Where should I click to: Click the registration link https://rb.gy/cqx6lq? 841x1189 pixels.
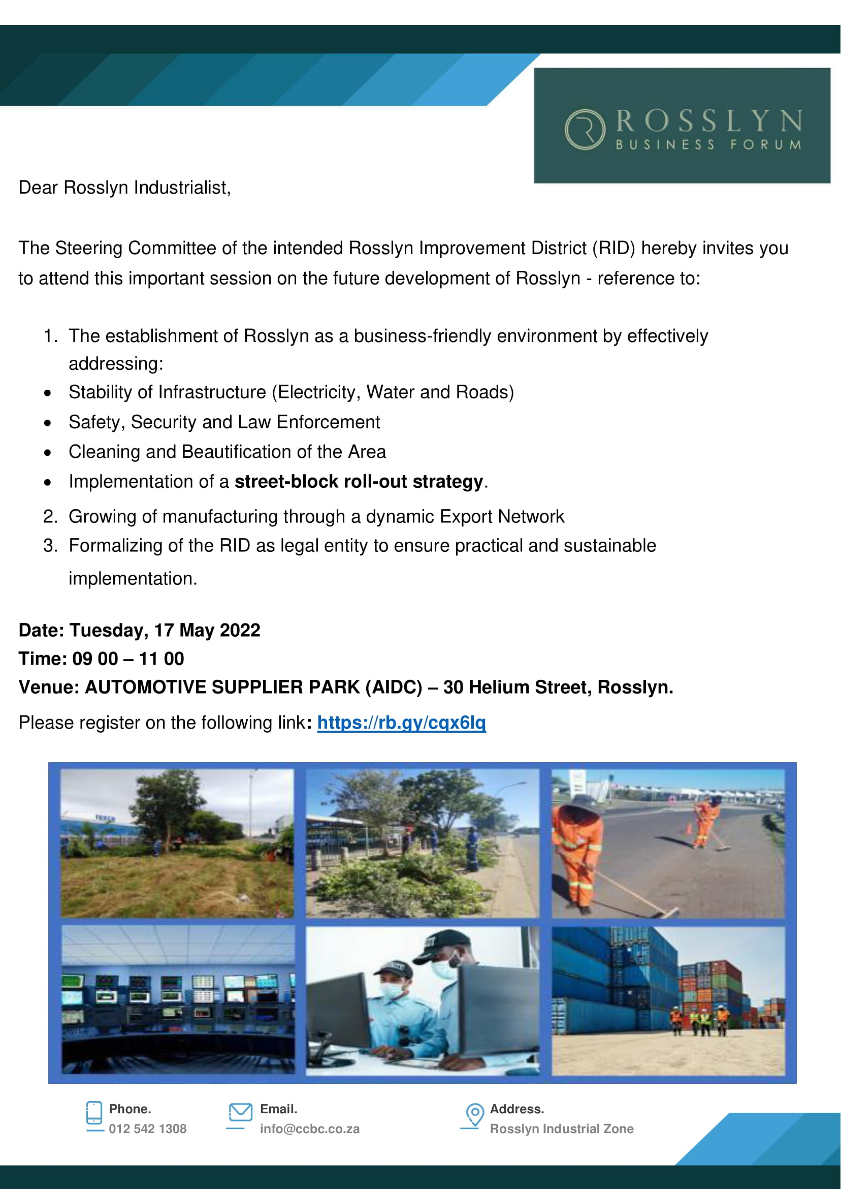401,723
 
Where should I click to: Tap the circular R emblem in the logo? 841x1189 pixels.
585,130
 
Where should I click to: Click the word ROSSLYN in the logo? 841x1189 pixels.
709,122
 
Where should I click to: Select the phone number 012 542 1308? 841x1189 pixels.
148,1129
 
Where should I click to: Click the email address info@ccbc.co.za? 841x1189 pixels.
310,1129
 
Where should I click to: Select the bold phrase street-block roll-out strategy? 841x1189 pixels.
359,482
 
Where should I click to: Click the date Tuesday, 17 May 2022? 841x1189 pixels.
165,631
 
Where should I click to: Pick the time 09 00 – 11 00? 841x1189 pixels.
128,659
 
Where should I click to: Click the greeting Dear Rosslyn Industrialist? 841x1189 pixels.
124,187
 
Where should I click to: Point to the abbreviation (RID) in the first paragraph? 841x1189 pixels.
613,248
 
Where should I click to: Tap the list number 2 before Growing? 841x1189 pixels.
50,517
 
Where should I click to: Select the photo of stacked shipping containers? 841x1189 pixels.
668,1000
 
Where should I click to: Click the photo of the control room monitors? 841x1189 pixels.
178,1000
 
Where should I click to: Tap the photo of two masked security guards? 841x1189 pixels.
422,1000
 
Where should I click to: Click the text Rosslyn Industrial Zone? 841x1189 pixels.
561,1129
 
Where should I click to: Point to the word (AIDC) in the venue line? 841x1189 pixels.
394,687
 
